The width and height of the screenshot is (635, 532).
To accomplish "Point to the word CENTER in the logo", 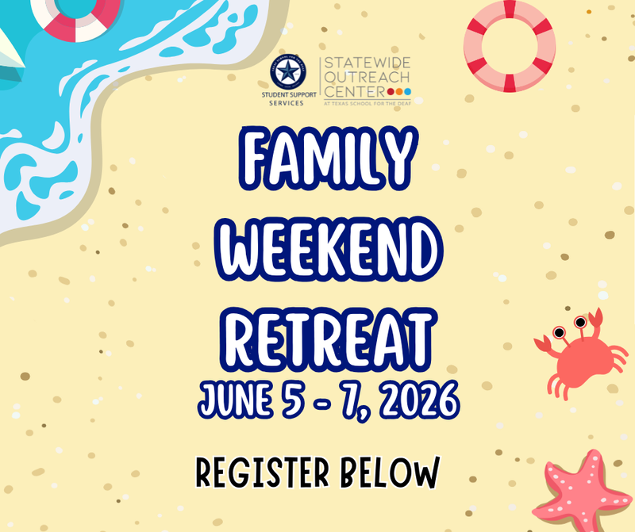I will [x=349, y=93].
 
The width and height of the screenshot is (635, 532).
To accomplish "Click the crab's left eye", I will [x=560, y=330].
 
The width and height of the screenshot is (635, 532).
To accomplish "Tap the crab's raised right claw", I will [x=596, y=318].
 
